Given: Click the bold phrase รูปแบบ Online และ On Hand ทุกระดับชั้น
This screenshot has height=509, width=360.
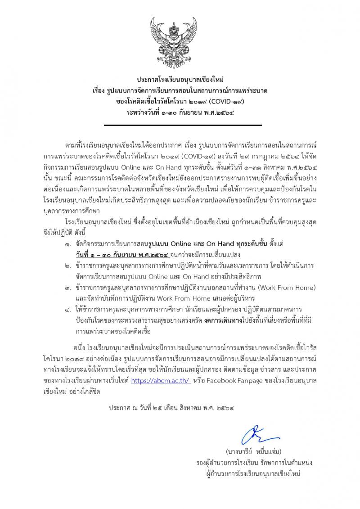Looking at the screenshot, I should tap(194, 244).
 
